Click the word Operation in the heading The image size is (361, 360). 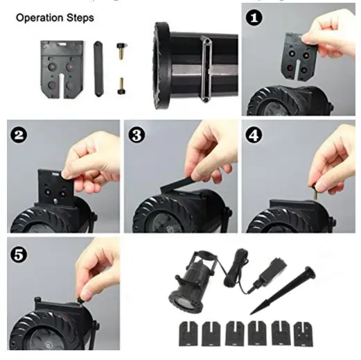pyautogui.click(x=39, y=18)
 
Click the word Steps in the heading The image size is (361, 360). pyautogui.click(x=80, y=18)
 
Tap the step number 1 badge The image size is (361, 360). pyautogui.click(x=254, y=17)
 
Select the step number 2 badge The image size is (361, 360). pyautogui.click(x=19, y=135)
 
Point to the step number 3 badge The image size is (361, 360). pyautogui.click(x=137, y=135)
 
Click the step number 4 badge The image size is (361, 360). pyautogui.click(x=254, y=135)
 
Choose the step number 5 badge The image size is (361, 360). pyautogui.click(x=19, y=255)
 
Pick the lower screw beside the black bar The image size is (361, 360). pyautogui.click(x=121, y=86)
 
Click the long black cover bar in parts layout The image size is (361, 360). pyautogui.click(x=98, y=69)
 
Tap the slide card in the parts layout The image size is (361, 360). pyautogui.click(x=62, y=69)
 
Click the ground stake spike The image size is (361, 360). pyautogui.click(x=283, y=290)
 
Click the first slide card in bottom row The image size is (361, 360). pyautogui.click(x=188, y=334)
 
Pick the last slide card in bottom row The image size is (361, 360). pyautogui.click(x=303, y=334)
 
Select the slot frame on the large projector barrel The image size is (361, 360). pyautogui.click(x=206, y=69)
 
